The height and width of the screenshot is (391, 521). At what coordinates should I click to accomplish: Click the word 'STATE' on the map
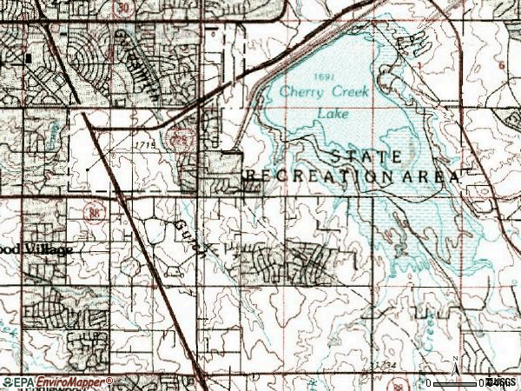click(366, 156)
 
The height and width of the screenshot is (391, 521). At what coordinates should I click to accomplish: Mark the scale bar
click(456, 382)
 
